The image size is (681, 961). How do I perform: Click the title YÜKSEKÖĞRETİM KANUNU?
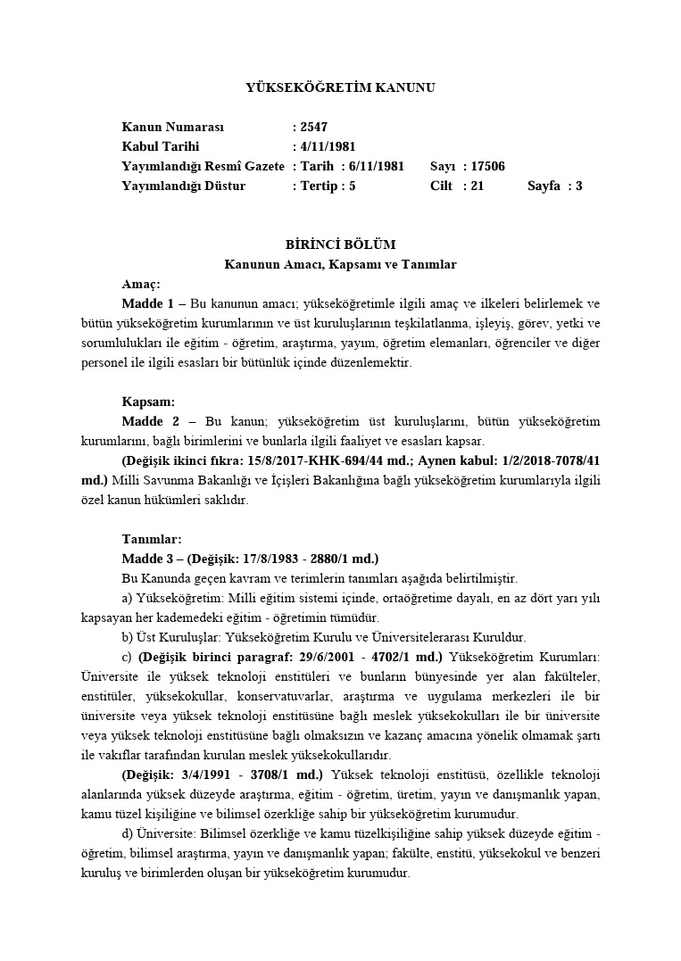pyautogui.click(x=340, y=87)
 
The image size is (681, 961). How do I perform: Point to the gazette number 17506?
pyautogui.click(x=487, y=166)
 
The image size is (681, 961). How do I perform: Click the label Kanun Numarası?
pyautogui.click(x=173, y=128)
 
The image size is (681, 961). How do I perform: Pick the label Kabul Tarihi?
pyautogui.click(x=161, y=146)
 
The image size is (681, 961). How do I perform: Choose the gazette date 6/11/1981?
pyautogui.click(x=375, y=166)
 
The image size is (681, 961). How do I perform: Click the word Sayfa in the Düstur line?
pyautogui.click(x=544, y=186)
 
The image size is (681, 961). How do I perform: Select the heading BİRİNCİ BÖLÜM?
pyautogui.click(x=340, y=244)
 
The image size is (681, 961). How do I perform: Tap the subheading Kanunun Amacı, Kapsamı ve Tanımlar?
pyautogui.click(x=340, y=264)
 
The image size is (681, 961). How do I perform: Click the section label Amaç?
pyautogui.click(x=140, y=284)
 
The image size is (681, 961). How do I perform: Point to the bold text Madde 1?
pyautogui.click(x=147, y=303)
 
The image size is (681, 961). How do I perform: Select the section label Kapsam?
pyautogui.click(x=148, y=402)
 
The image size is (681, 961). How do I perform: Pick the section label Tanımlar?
pyautogui.click(x=152, y=539)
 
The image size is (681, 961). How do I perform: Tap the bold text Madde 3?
pyautogui.click(x=147, y=559)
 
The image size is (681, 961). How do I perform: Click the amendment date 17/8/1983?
pyautogui.click(x=274, y=559)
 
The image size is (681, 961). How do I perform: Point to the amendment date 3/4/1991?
pyautogui.click(x=223, y=775)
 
